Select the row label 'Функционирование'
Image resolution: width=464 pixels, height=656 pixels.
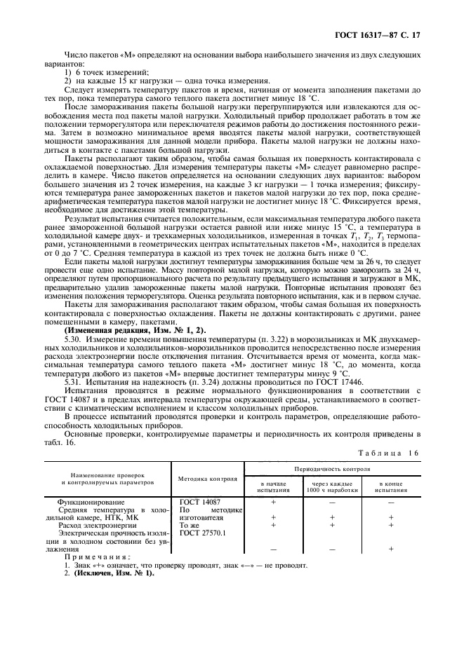[95, 503]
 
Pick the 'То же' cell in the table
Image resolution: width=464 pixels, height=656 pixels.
[190, 525]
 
